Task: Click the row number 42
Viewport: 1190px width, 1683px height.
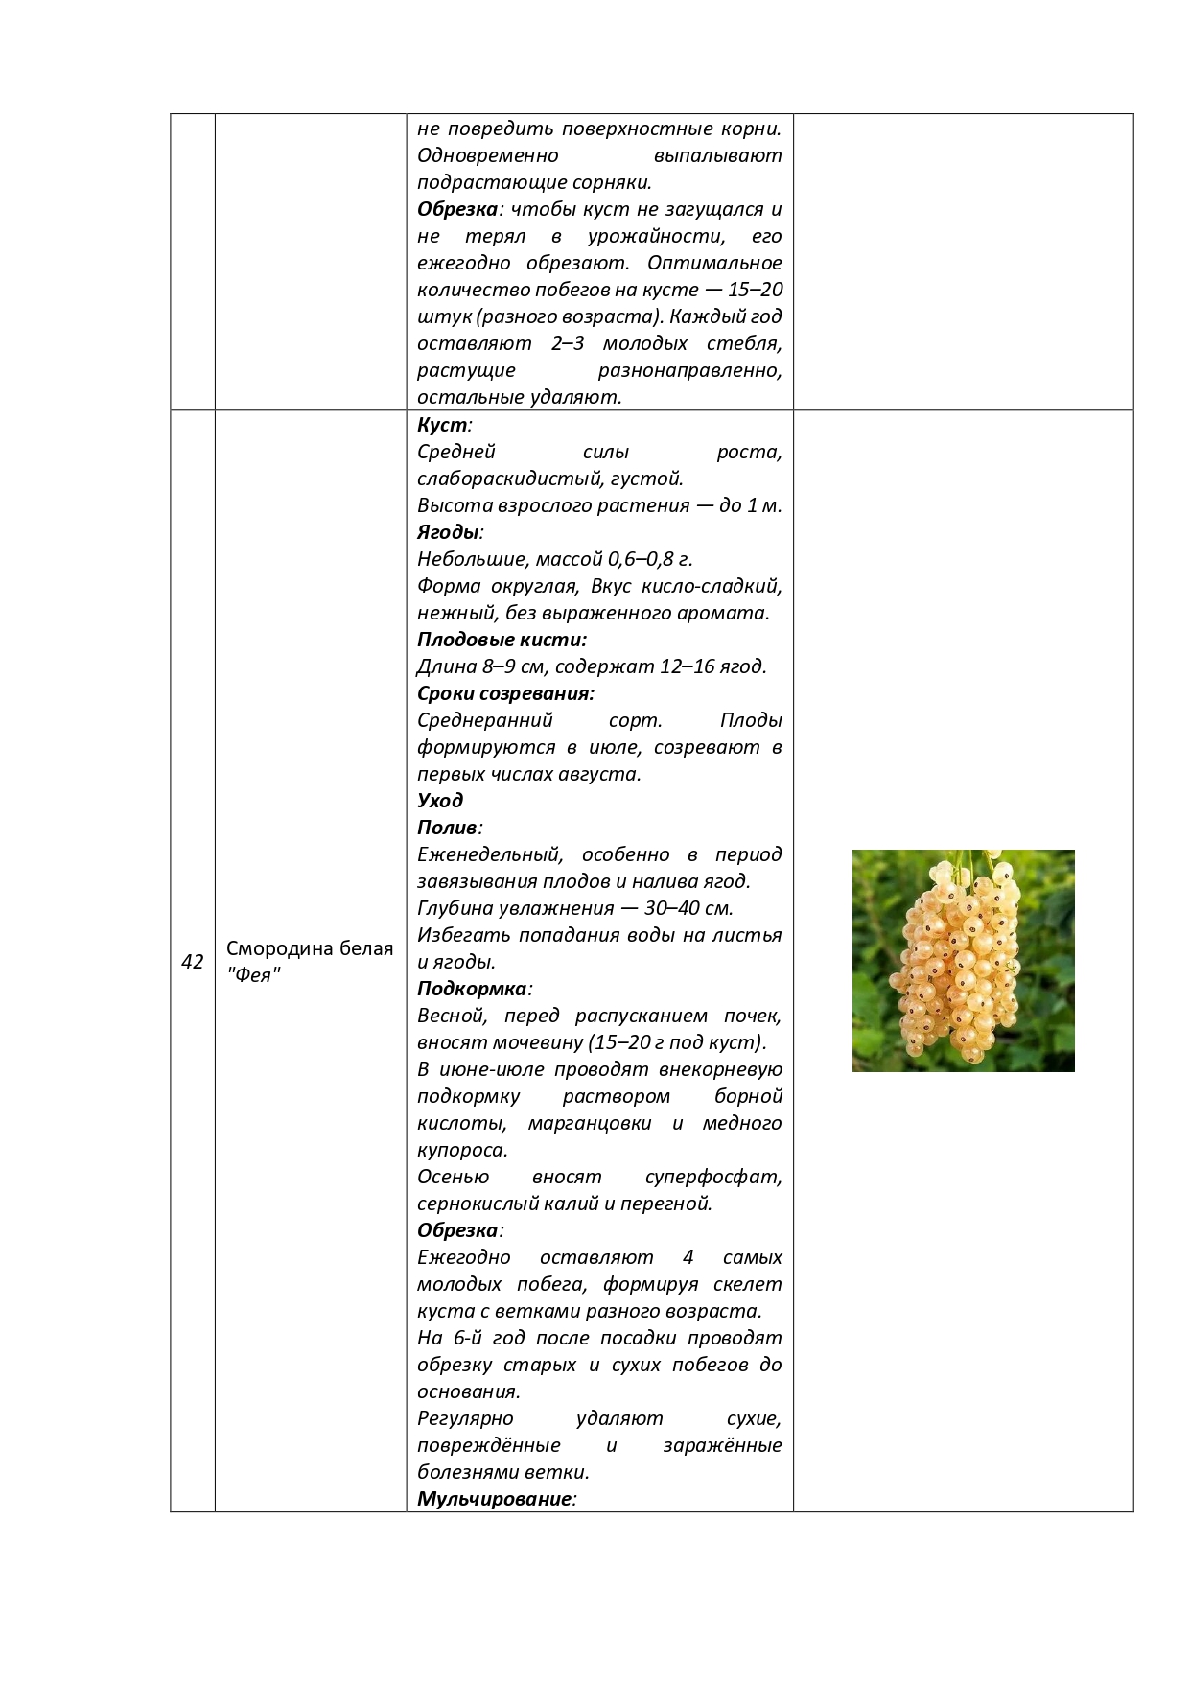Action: pos(192,962)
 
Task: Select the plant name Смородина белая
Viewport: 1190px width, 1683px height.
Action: pos(310,948)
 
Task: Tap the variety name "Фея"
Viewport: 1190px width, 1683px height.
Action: pos(253,975)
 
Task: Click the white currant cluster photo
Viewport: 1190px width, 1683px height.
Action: pos(963,960)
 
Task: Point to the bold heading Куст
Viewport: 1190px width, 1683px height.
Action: pos(443,425)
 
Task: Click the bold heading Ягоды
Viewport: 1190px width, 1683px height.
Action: pos(448,532)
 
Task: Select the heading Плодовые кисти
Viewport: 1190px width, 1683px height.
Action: pos(502,640)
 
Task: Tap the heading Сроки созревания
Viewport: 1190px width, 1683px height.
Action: pos(505,693)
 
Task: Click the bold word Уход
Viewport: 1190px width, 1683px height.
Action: pos(440,801)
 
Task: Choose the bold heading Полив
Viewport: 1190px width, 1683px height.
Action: pos(447,828)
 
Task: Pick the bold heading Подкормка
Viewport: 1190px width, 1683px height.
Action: pos(472,989)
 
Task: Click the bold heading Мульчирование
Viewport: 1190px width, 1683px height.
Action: pos(495,1499)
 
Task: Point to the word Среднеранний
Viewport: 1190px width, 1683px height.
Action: pos(485,720)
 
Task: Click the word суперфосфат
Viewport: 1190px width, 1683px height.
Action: pos(712,1177)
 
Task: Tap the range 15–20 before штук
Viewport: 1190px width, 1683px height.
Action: pos(755,290)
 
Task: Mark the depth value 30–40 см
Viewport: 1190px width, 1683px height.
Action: pos(688,908)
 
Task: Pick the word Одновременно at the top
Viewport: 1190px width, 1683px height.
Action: pos(487,155)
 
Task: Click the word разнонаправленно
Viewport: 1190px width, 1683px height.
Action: pos(689,370)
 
